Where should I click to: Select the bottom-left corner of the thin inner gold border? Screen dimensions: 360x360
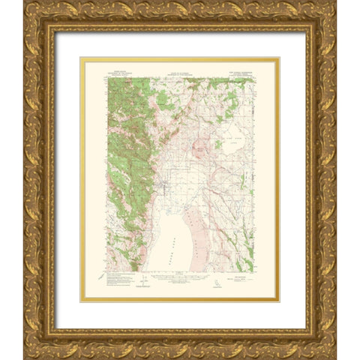(82, 301)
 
